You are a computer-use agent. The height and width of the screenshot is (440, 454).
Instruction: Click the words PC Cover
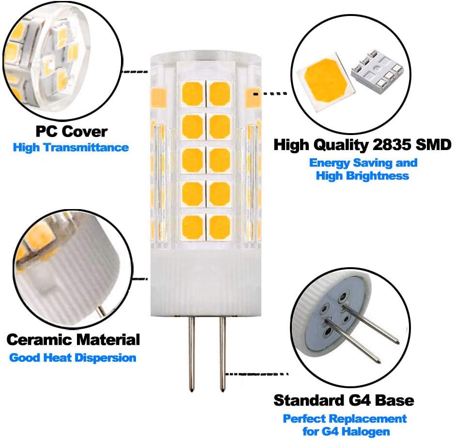[x=72, y=132]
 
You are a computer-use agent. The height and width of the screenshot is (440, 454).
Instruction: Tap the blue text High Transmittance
[x=71, y=147]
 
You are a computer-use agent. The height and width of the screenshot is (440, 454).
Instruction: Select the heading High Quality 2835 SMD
[x=362, y=144]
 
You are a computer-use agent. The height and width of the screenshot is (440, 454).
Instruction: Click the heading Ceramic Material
[x=73, y=339]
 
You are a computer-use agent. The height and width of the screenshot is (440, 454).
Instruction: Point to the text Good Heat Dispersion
[x=73, y=358]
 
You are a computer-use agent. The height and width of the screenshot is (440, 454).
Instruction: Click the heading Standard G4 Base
[x=344, y=400]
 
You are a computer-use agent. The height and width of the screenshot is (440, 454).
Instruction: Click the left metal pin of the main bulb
[x=191, y=353]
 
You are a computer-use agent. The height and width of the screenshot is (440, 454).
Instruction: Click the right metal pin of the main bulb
[x=222, y=353]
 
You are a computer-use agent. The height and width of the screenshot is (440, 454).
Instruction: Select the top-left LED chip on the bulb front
[x=192, y=94]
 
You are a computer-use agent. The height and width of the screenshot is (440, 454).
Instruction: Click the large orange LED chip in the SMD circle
[x=325, y=83]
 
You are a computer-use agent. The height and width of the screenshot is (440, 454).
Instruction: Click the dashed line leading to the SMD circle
[x=271, y=93]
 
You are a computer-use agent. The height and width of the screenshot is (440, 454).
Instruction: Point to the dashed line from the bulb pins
[x=257, y=374]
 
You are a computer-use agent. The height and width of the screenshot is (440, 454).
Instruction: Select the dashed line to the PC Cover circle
[x=135, y=72]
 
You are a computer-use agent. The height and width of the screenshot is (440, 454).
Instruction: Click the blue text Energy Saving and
[x=363, y=163]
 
